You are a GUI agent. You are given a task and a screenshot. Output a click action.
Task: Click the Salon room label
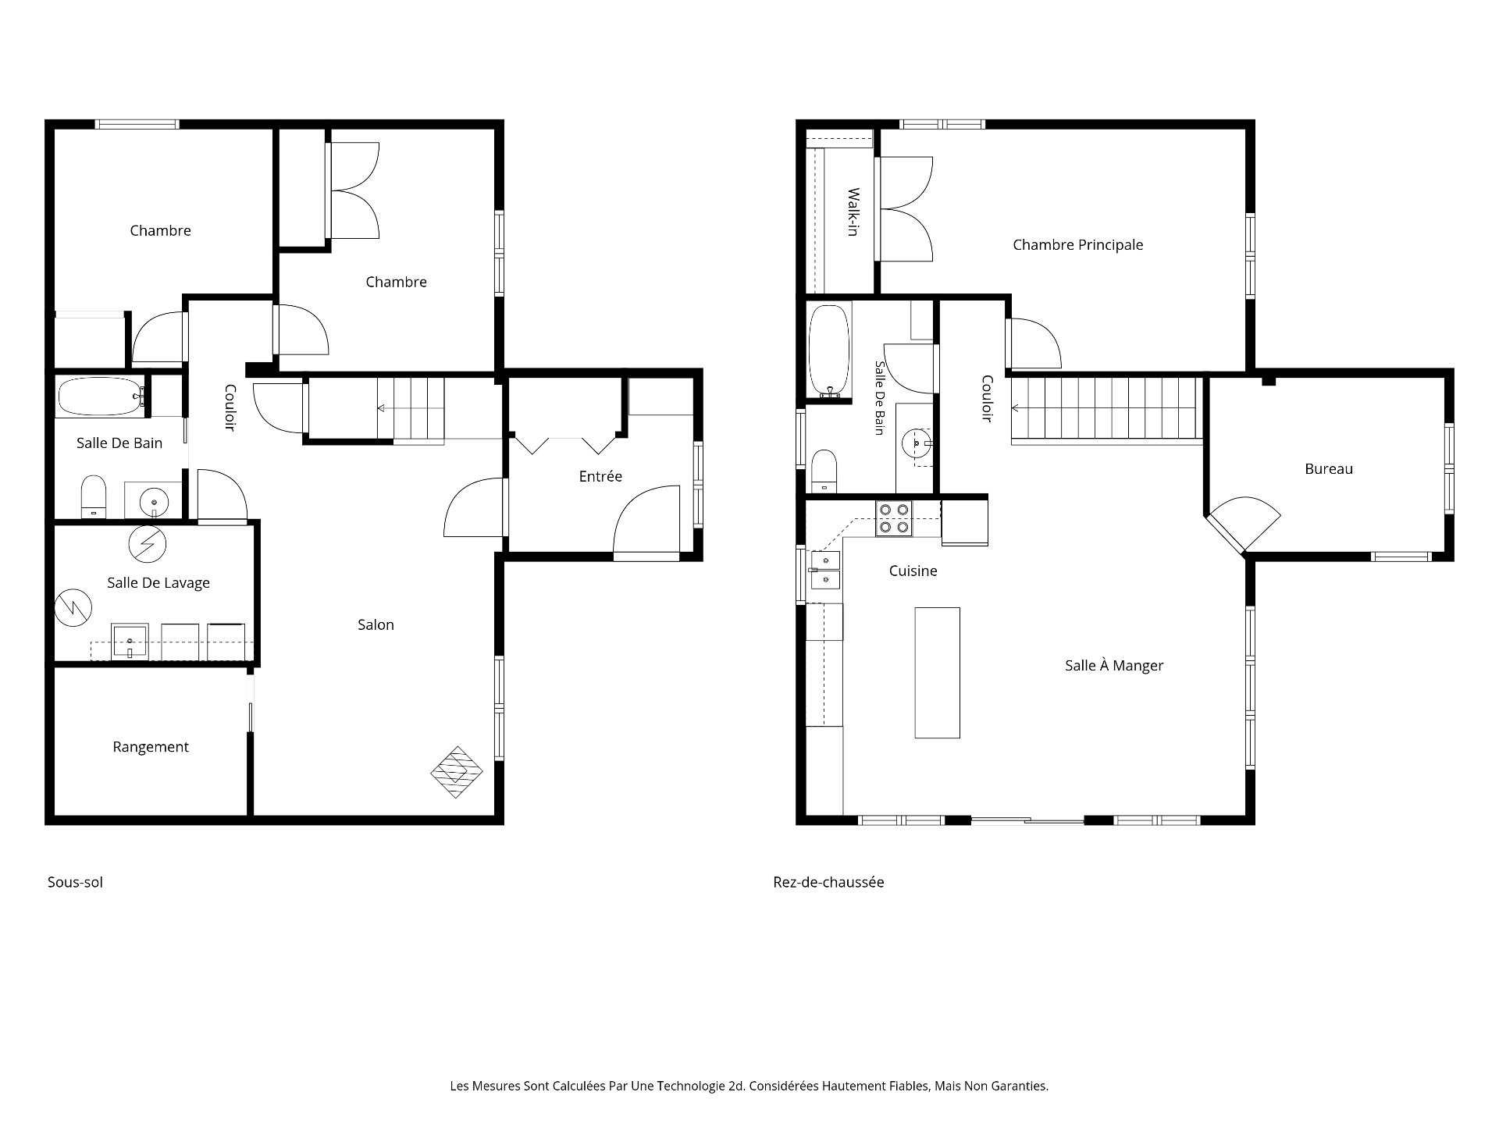(376, 624)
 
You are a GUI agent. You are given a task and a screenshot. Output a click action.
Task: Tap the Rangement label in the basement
(151, 747)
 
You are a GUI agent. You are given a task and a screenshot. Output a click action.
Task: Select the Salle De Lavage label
(158, 583)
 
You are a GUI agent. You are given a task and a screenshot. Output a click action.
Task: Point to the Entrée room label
(600, 476)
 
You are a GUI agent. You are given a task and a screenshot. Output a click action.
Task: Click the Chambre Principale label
(1077, 245)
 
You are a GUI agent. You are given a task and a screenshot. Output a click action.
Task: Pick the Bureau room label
(1329, 469)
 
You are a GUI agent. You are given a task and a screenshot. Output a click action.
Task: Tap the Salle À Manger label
(1114, 666)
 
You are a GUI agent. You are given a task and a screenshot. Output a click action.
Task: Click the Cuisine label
(913, 571)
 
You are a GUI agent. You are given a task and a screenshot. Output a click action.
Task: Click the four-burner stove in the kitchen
(894, 519)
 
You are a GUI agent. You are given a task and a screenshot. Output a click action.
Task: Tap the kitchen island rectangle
(937, 672)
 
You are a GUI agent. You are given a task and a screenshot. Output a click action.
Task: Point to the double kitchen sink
(825, 571)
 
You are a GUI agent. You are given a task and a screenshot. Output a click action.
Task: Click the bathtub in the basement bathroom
(100, 397)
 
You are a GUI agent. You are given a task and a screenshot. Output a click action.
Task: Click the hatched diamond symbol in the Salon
(457, 772)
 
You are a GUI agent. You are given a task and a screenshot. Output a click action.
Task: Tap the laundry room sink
(130, 642)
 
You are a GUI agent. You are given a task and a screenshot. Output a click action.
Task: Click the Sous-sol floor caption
(75, 883)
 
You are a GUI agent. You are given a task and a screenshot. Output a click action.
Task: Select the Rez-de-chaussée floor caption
(828, 883)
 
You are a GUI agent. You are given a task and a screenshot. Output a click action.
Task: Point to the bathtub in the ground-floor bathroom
(828, 350)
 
